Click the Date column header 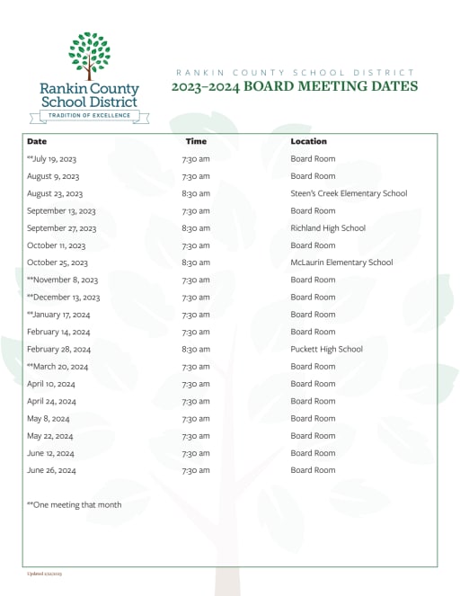[37, 141]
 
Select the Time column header [196, 141]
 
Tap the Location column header [308, 141]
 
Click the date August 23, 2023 [55, 193]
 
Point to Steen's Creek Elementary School [349, 193]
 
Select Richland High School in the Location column [328, 228]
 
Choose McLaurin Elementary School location [341, 262]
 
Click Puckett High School [326, 349]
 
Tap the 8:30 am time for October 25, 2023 [196, 262]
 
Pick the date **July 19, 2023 [52, 159]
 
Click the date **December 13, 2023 [63, 298]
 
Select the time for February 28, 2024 [196, 349]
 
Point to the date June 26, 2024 [51, 470]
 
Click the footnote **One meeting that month [74, 505]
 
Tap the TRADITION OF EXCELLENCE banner [90, 116]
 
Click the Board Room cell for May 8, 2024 [313, 418]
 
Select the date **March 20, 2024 [57, 367]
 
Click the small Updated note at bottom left [44, 573]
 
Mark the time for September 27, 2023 [196, 228]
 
